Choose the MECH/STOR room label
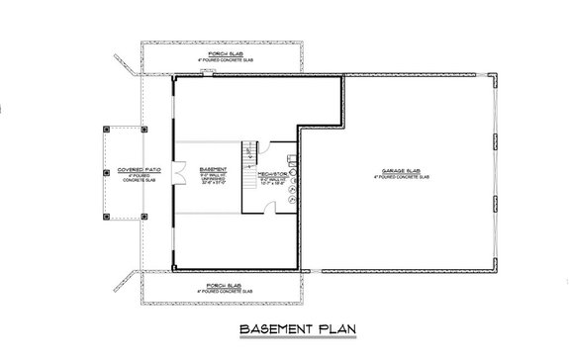[272, 174]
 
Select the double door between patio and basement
[174, 174]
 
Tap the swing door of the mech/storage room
[273, 204]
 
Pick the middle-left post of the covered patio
[105, 174]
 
